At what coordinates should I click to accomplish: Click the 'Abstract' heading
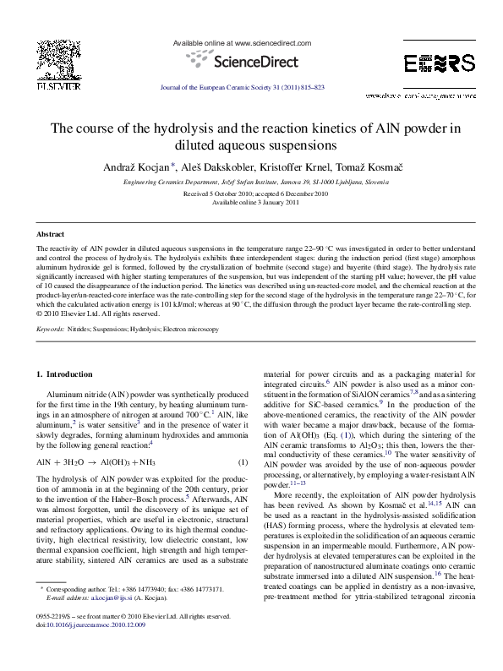(50, 232)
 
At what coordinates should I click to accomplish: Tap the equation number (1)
(242, 462)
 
